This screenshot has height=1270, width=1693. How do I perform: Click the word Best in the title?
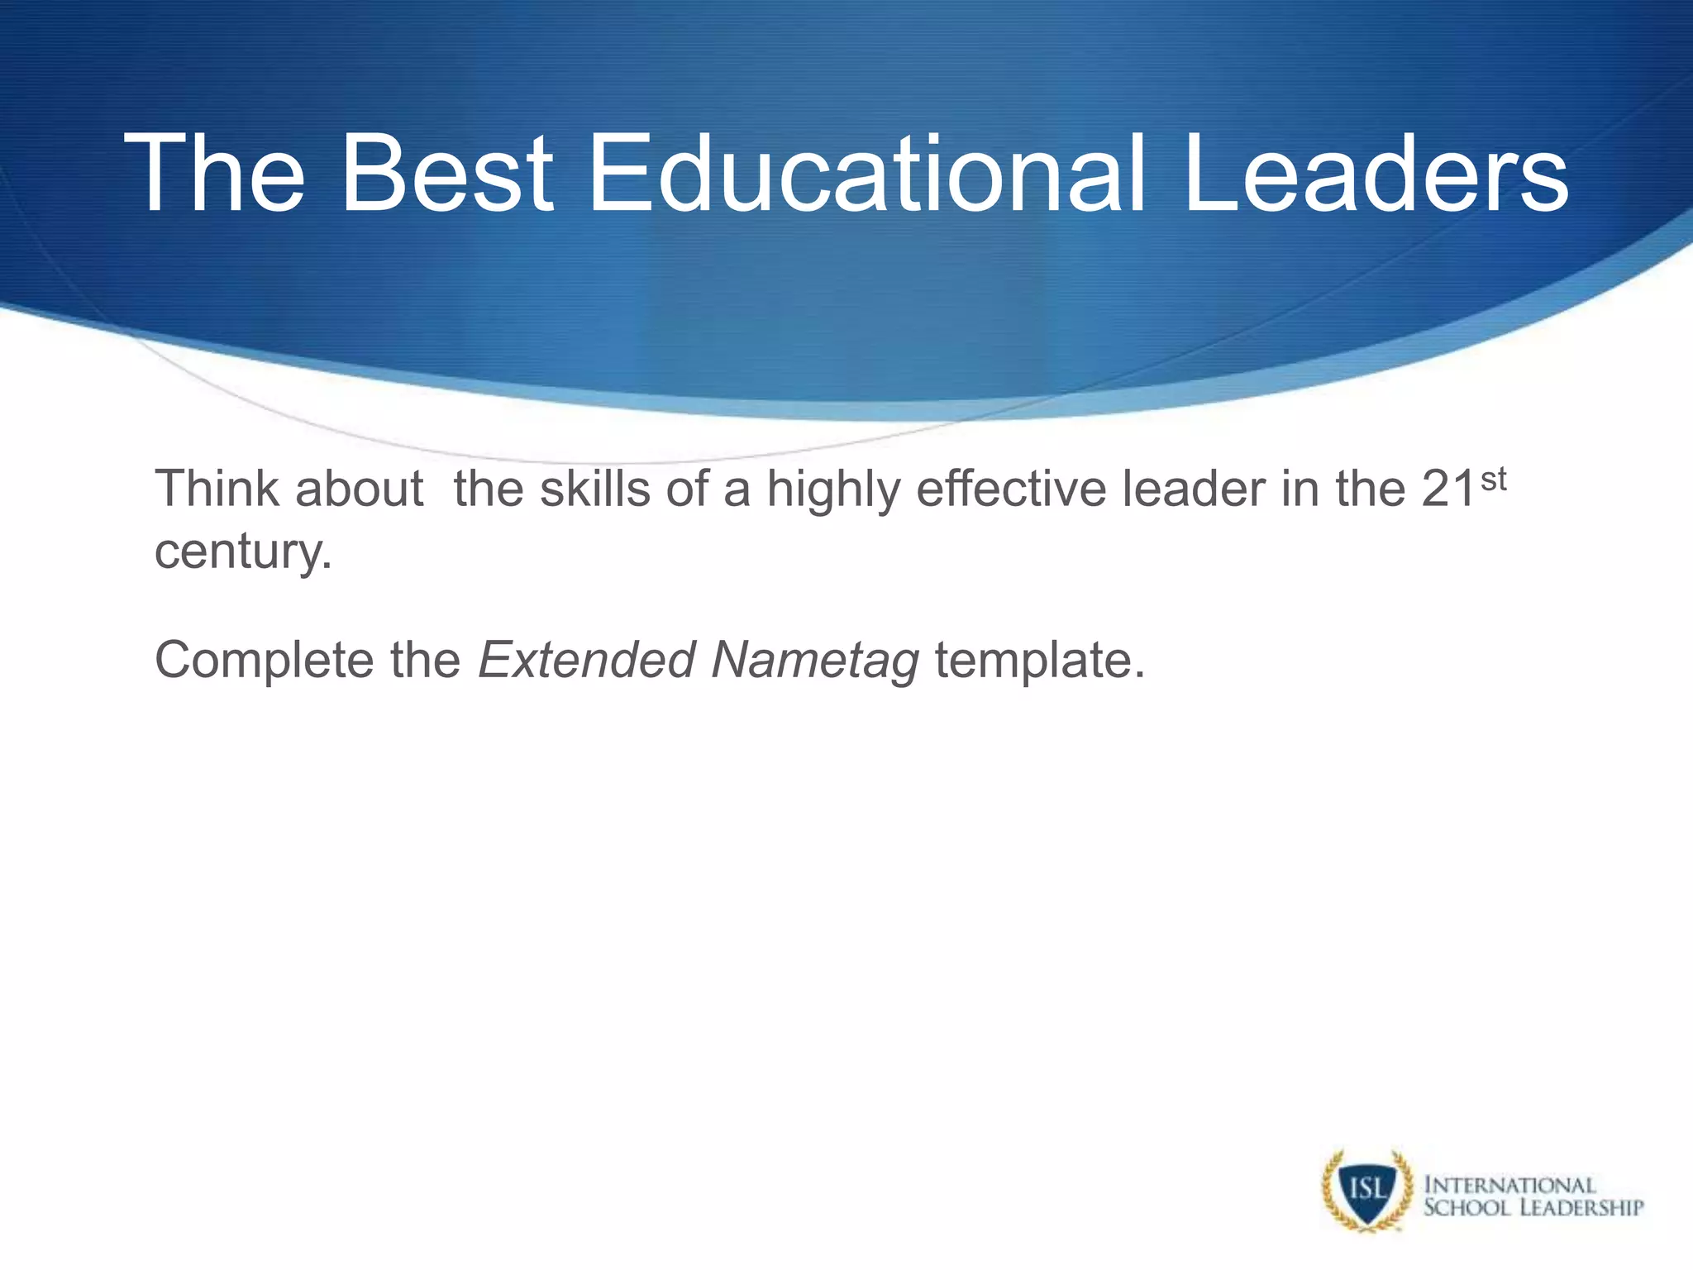(x=446, y=175)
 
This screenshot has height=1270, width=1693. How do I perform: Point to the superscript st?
(x=1493, y=479)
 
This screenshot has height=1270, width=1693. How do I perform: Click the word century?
(x=243, y=552)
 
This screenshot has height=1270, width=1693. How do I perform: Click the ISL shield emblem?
(x=1366, y=1191)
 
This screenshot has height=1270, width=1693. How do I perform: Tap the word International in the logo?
(x=1509, y=1185)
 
